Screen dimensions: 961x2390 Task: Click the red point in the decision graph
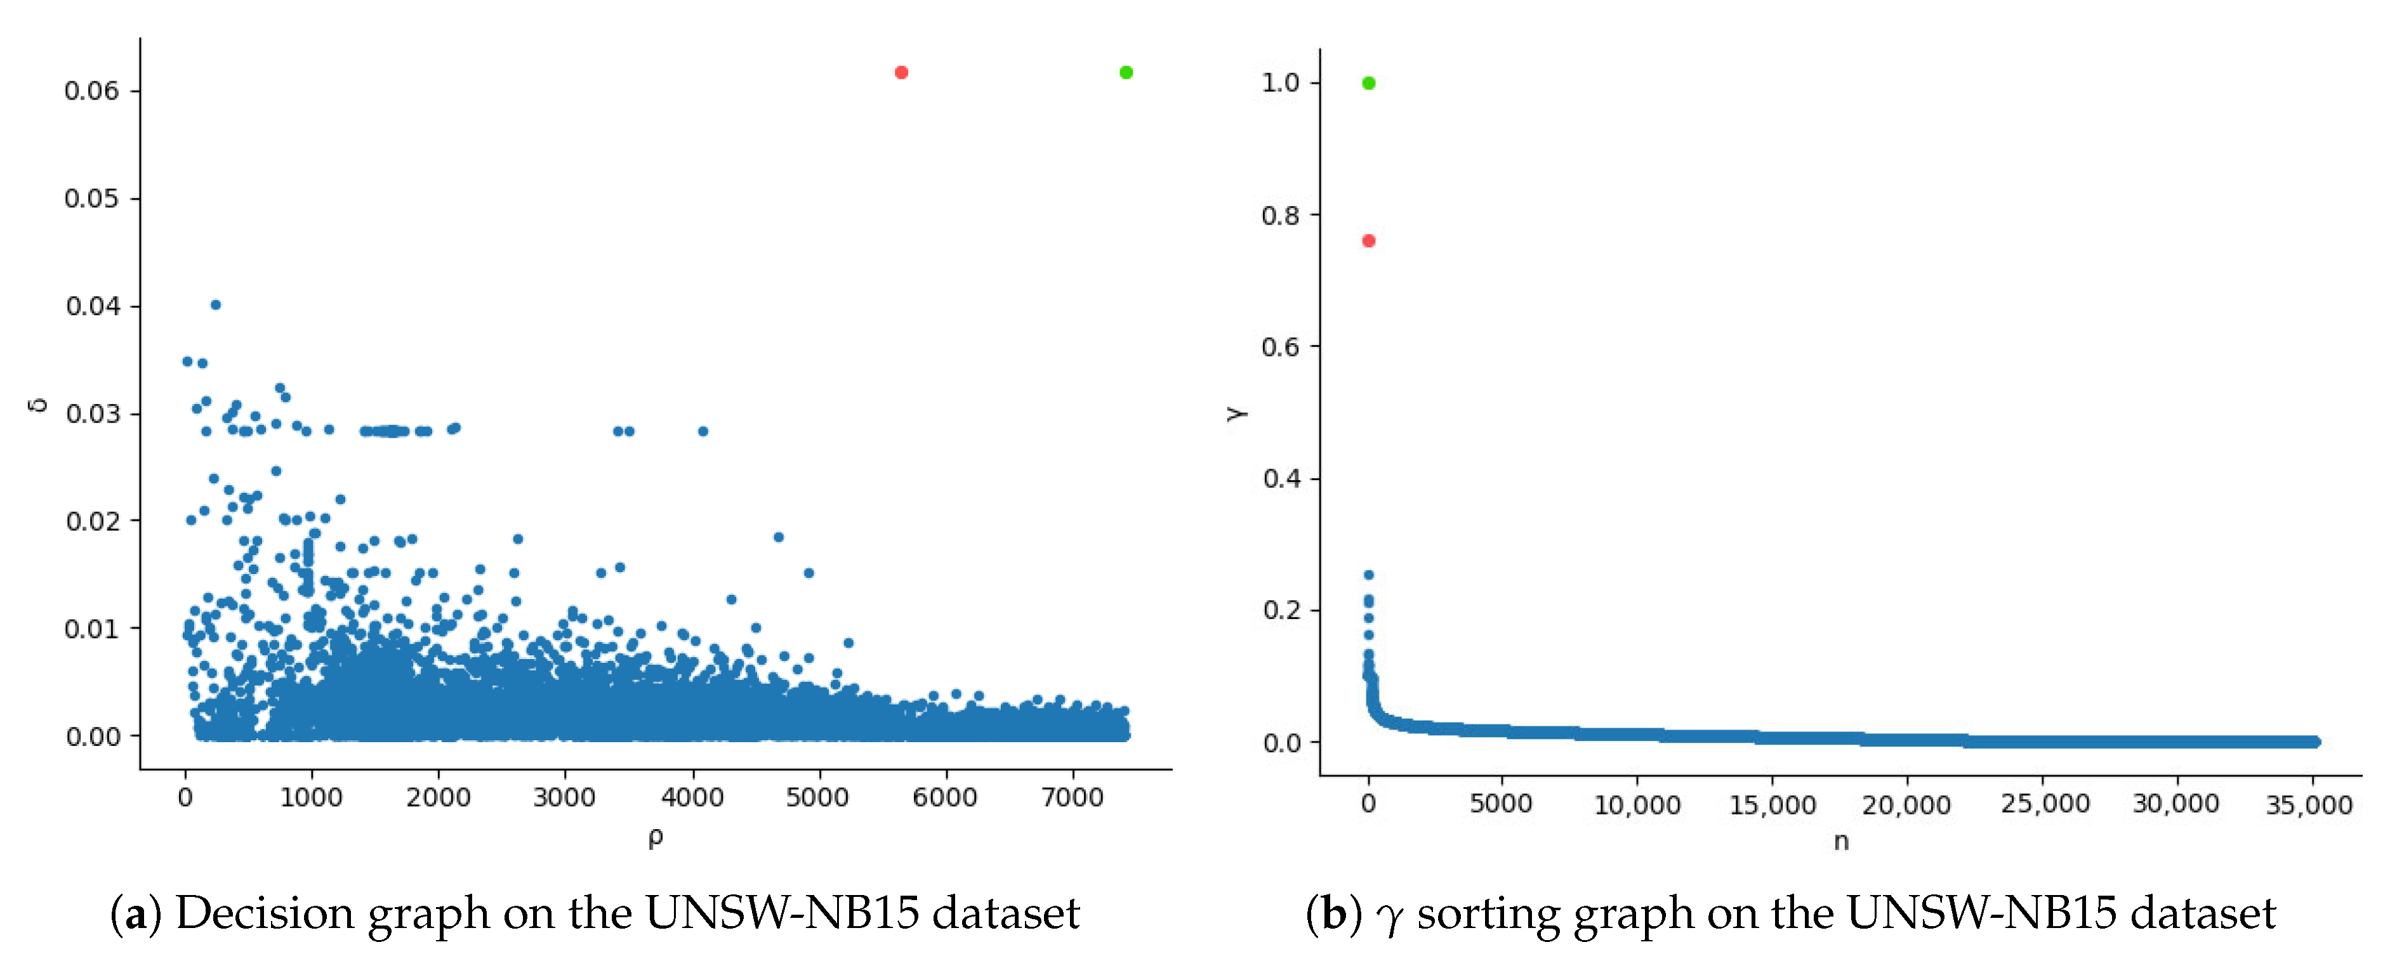point(901,72)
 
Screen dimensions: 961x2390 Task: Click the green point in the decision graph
point(1125,72)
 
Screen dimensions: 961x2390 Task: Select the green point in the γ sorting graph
point(1368,84)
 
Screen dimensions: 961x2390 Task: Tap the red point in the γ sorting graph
point(1368,241)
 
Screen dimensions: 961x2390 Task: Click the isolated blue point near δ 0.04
point(215,304)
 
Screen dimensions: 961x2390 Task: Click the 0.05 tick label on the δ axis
point(91,199)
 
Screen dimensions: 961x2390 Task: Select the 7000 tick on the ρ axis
point(1073,798)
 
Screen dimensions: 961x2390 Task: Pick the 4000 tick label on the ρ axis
point(692,798)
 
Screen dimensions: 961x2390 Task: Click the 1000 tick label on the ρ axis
point(312,798)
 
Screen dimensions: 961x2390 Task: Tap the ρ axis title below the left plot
point(655,838)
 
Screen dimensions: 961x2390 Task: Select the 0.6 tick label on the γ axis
point(1281,347)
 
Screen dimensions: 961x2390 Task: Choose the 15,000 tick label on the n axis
point(1772,804)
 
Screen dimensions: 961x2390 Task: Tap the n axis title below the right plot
point(1841,841)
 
